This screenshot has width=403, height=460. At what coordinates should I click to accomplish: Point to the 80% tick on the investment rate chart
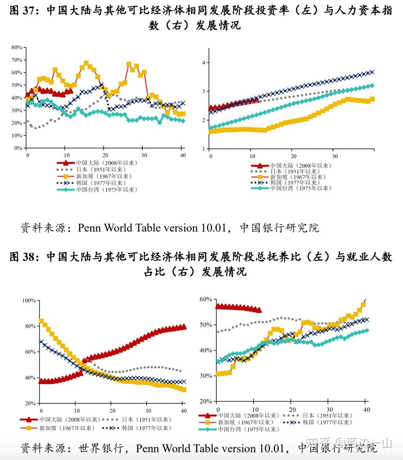16,47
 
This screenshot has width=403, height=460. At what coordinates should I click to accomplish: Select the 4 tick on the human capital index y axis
203,63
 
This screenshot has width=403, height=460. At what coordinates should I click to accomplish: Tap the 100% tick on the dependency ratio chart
29,300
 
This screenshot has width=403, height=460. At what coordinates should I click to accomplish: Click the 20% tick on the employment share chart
206,401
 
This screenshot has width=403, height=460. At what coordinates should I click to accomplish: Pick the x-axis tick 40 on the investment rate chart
182,155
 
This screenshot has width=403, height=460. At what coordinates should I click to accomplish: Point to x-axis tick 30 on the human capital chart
335,156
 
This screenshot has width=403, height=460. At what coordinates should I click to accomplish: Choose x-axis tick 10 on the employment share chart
254,409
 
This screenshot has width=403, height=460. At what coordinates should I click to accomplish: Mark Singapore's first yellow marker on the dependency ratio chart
41,321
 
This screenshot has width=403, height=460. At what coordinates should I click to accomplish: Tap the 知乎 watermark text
318,443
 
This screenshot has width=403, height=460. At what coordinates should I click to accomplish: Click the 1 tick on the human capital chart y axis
203,149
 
